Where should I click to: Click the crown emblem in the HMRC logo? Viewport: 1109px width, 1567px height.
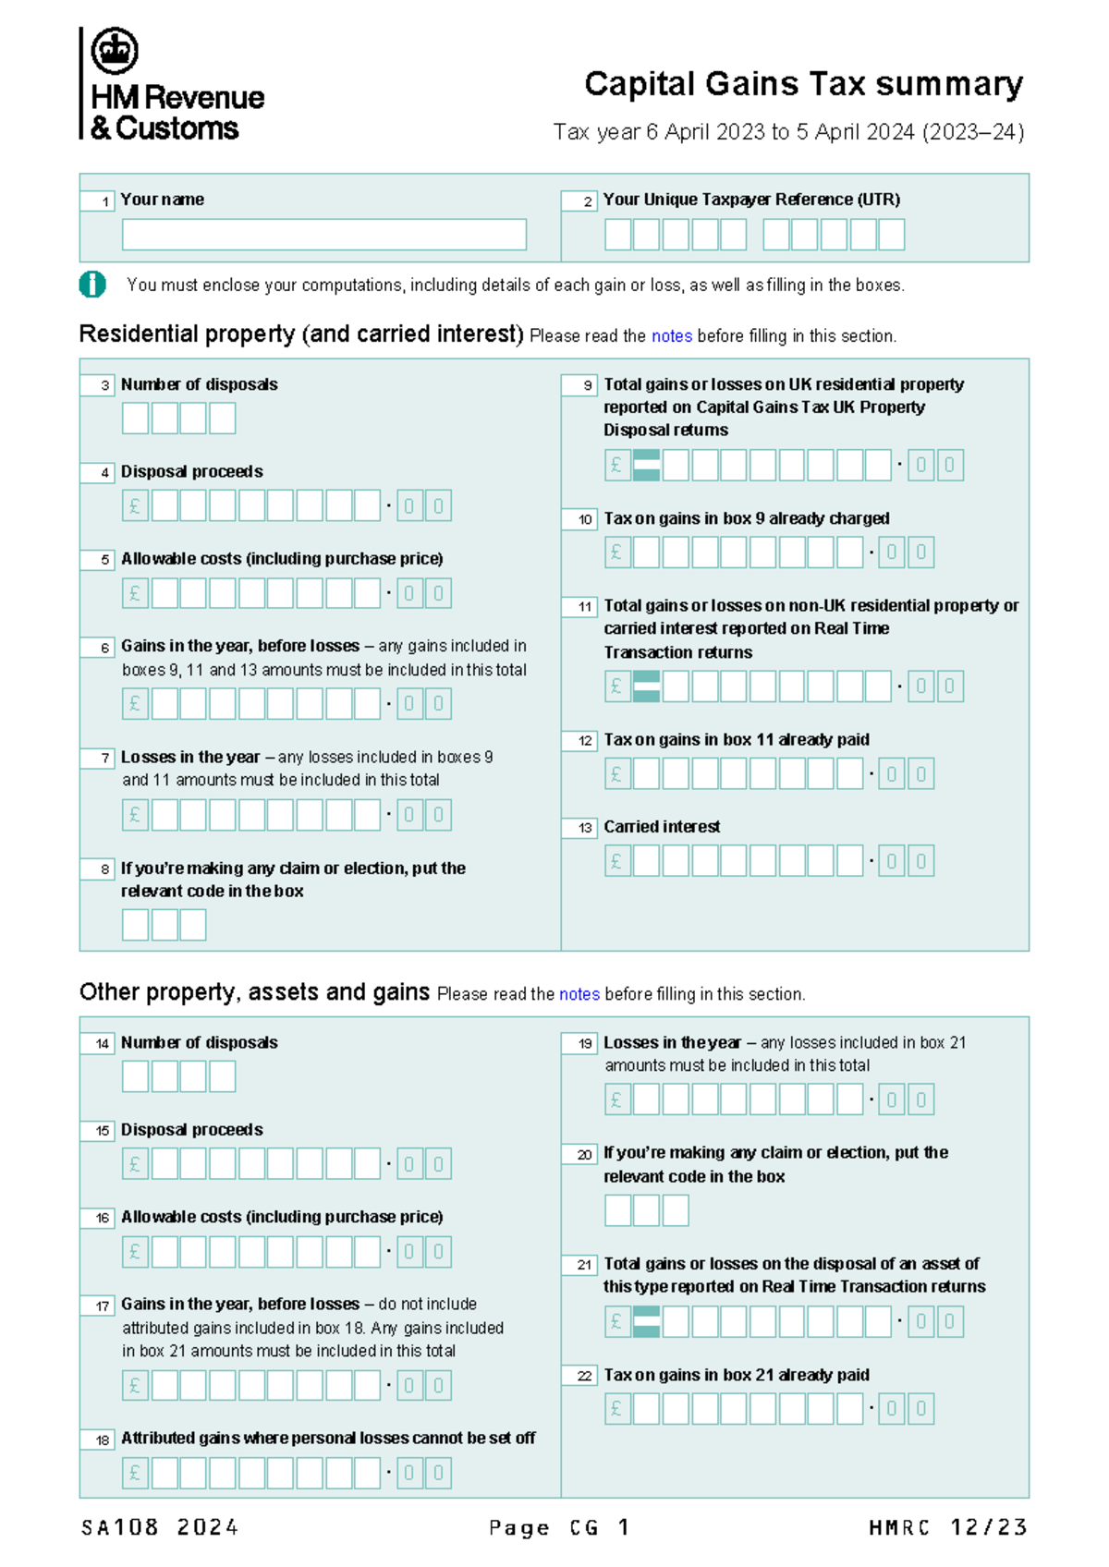(x=115, y=51)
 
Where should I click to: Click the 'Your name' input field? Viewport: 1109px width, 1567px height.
(x=323, y=235)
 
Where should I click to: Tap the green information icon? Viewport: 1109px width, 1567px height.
(x=92, y=285)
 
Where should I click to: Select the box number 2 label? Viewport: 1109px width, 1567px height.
(x=579, y=200)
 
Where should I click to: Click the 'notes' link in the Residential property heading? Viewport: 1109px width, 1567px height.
(x=672, y=336)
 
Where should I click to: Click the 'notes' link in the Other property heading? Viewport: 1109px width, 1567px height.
(x=579, y=994)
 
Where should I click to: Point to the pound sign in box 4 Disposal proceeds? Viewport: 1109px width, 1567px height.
(x=135, y=506)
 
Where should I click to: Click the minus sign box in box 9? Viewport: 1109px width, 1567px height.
(x=646, y=466)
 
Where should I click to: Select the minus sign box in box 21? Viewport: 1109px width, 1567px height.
(x=646, y=1322)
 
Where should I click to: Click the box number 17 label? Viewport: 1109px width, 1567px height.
(x=98, y=1306)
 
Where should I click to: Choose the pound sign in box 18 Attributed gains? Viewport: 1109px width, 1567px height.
(x=135, y=1473)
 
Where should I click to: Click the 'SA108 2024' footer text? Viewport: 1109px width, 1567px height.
(x=160, y=1528)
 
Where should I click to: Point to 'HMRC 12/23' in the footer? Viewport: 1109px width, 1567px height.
(x=947, y=1528)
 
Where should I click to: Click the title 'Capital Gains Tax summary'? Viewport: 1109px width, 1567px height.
(x=803, y=84)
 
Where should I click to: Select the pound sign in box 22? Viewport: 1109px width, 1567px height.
(x=617, y=1409)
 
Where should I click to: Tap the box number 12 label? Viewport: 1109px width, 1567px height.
(x=580, y=740)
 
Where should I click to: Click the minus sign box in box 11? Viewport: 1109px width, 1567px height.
(x=646, y=686)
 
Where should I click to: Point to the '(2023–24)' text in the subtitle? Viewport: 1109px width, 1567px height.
(x=973, y=132)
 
